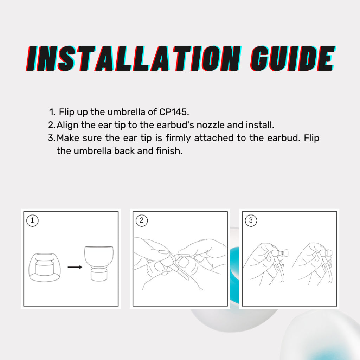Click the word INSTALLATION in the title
(x=134, y=59)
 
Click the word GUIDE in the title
(x=293, y=59)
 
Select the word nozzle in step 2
(x=210, y=125)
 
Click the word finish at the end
(x=169, y=151)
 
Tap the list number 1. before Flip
(x=52, y=112)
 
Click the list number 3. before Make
(x=52, y=138)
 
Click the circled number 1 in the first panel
(x=32, y=220)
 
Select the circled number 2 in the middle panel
(x=142, y=220)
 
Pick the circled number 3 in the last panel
(x=251, y=220)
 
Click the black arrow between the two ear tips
(x=75, y=267)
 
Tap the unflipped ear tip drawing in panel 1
(x=45, y=267)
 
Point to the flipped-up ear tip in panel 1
(x=99, y=264)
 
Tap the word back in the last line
(x=124, y=151)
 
